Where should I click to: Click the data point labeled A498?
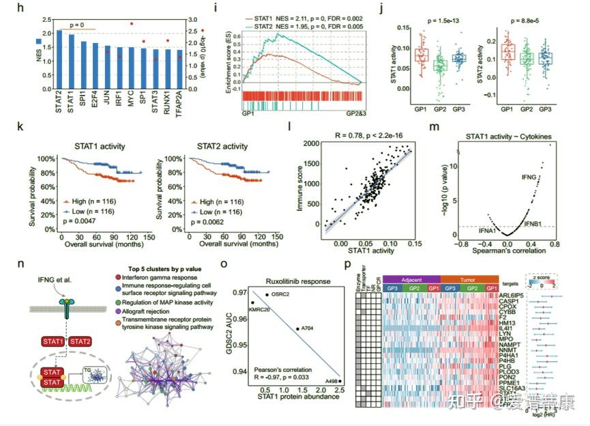(340, 381)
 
